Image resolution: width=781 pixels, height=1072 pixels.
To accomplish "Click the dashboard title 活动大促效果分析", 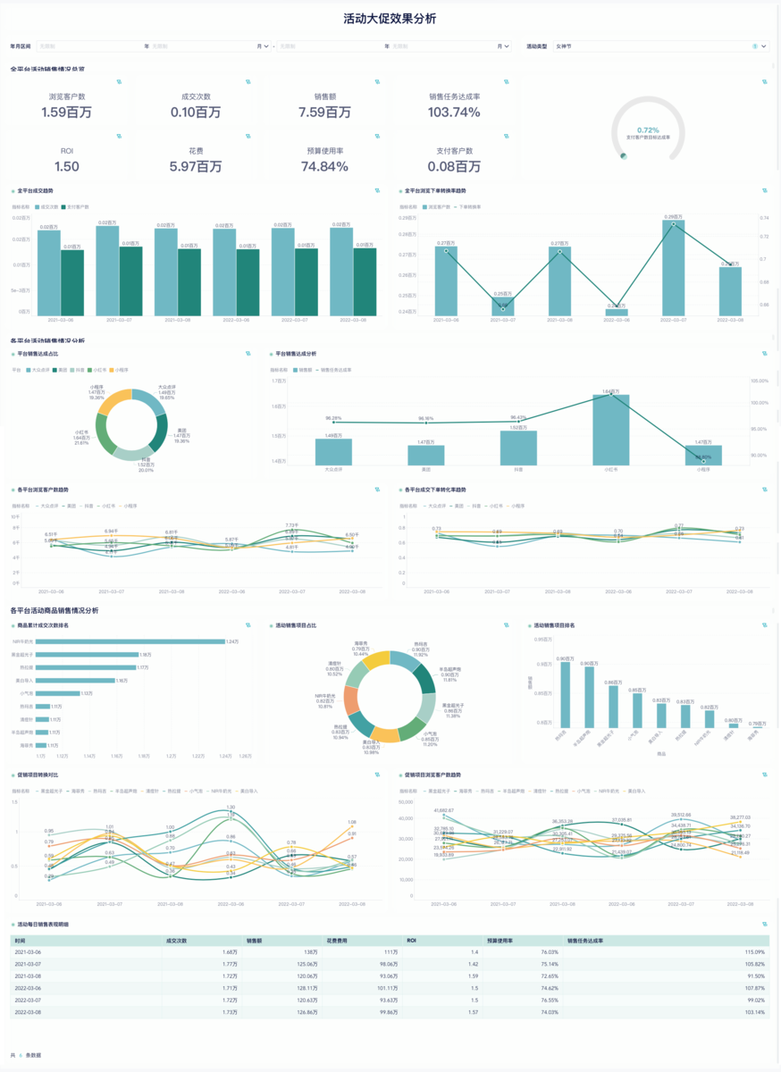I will [x=390, y=19].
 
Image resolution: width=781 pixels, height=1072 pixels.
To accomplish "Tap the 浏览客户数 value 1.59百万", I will [x=66, y=113].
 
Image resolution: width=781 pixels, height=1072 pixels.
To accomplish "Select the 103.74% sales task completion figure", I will [x=454, y=113].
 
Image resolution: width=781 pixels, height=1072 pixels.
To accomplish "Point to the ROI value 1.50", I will [x=66, y=166].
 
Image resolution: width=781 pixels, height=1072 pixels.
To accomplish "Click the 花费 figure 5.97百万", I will [x=196, y=166].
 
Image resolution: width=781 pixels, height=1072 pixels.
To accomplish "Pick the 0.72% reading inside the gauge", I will [x=648, y=130].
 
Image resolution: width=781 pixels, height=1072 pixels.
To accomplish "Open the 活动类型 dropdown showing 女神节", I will [x=648, y=46].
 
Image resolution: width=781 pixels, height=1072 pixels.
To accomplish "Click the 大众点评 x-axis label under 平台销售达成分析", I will [x=333, y=469].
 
